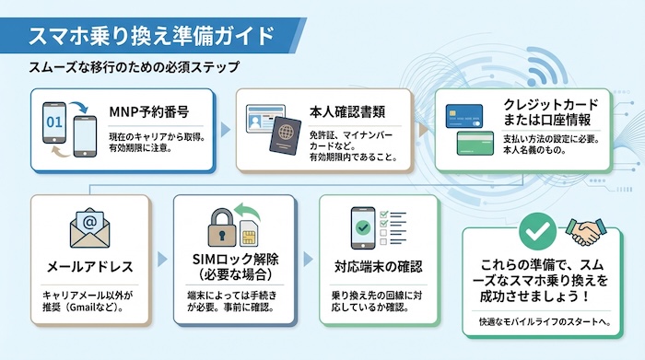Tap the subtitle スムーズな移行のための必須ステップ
(x=135, y=67)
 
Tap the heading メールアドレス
(x=89, y=267)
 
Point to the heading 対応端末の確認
(x=378, y=267)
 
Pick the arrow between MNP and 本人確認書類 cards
(x=228, y=130)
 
